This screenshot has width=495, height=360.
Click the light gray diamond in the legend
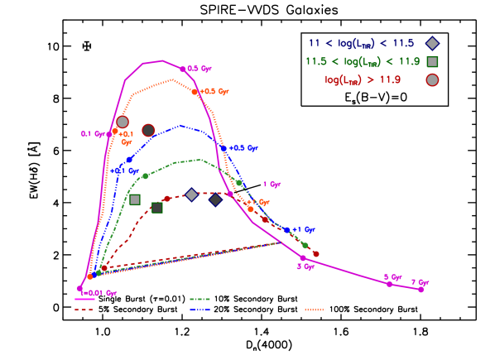click(432, 43)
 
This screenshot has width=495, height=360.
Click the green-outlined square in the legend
click(432, 61)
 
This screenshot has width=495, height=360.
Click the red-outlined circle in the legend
click(432, 79)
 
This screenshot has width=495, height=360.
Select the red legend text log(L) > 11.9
click(363, 79)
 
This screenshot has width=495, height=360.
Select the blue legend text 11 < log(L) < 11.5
click(361, 43)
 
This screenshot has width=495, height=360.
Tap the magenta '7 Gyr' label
click(421, 282)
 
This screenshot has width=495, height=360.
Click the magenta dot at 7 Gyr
click(421, 289)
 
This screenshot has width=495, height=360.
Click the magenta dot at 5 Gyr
click(389, 284)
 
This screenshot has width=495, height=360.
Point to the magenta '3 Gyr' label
click(305, 266)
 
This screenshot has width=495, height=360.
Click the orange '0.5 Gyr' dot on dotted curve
click(195, 92)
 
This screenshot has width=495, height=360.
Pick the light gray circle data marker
click(123, 122)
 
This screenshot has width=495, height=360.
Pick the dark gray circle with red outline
click(148, 130)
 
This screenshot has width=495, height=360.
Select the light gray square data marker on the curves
click(135, 199)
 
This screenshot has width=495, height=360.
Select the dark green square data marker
click(156, 208)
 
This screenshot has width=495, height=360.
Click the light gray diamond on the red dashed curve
click(191, 194)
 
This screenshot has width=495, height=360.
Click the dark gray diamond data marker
click(215, 199)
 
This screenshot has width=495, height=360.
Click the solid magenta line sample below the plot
click(84, 299)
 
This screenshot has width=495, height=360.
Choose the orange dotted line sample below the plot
click(315, 310)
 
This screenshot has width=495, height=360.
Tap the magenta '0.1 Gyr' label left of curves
click(92, 133)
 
